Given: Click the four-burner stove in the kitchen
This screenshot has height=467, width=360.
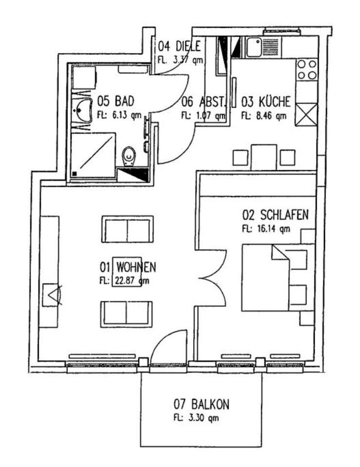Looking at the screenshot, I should point(306,69).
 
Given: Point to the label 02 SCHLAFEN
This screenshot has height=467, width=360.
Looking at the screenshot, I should point(275,215).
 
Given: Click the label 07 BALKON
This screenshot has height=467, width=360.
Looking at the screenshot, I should point(201,404).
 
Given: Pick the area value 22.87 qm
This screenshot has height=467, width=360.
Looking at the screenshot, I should point(124,281).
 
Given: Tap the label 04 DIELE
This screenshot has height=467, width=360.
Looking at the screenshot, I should point(180,47).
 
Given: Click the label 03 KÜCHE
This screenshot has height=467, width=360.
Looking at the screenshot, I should point(266,102).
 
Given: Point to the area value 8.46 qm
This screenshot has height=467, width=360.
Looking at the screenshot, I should point(264,116).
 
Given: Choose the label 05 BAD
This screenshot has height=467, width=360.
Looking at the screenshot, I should point(115,101).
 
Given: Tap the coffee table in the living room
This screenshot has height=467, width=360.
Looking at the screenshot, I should point(127,271).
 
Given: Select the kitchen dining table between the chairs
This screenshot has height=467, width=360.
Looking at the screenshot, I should point(264,157).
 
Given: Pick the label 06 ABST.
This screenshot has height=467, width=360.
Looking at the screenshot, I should point(203,102).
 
